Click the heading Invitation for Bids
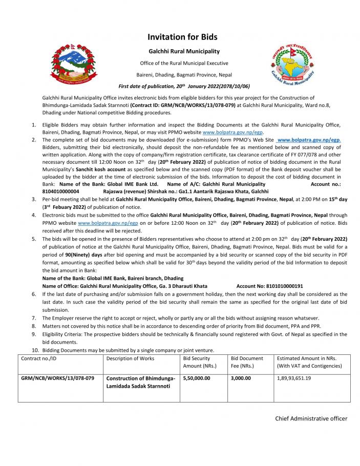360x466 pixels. click(182, 37)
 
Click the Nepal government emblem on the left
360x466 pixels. click(72, 65)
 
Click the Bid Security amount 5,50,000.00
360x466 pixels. click(197, 378)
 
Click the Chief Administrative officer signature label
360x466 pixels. click(311, 418)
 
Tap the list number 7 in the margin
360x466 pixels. click(33, 318)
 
